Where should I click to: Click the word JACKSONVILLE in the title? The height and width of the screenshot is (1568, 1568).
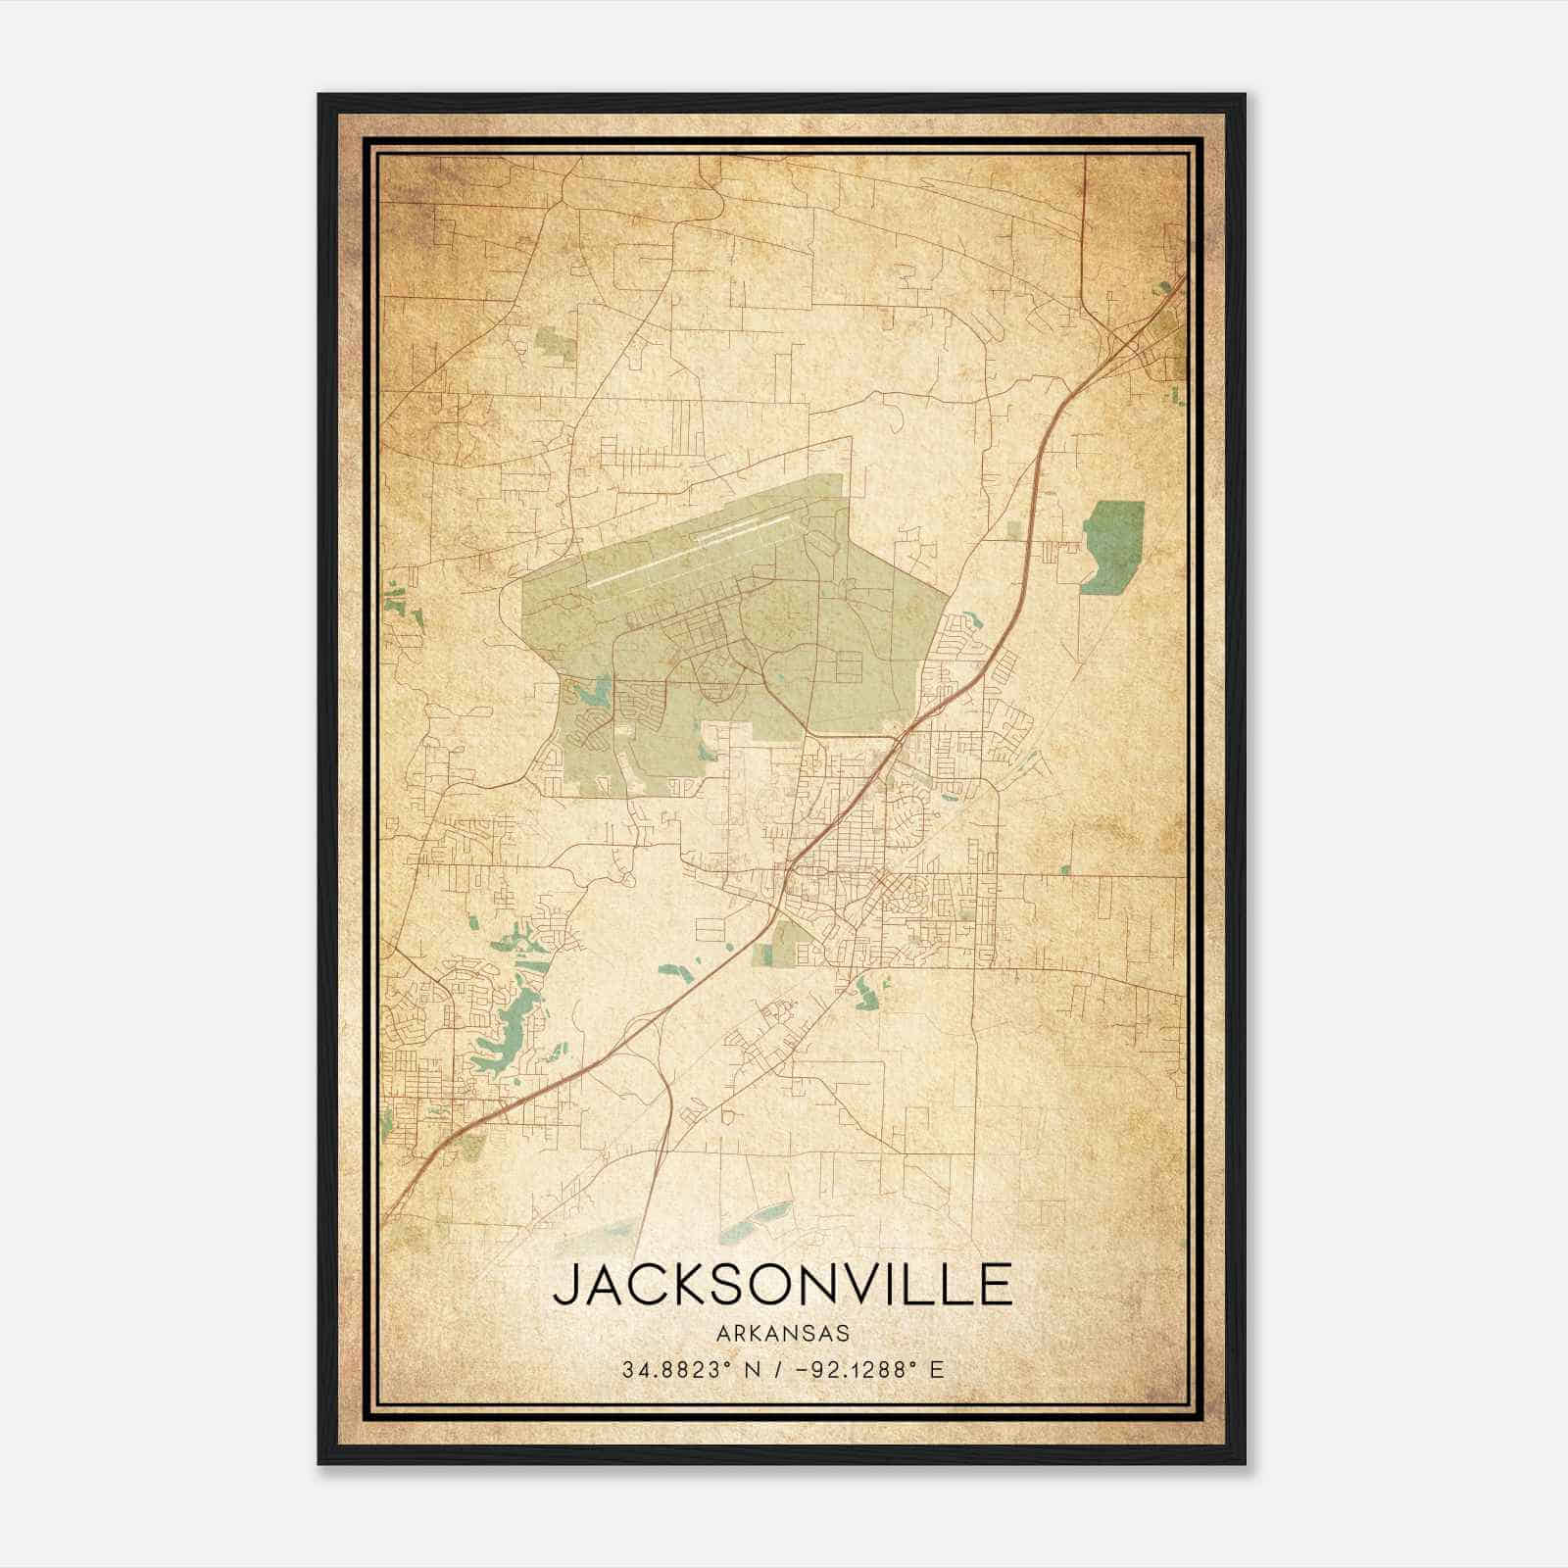(782, 1285)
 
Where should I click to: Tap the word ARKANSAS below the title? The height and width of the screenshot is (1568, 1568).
(782, 1334)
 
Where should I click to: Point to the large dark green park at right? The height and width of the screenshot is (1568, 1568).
(1113, 544)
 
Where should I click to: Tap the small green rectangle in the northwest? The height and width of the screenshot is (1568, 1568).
(556, 346)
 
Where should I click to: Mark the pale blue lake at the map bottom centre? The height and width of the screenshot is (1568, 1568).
(755, 1220)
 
